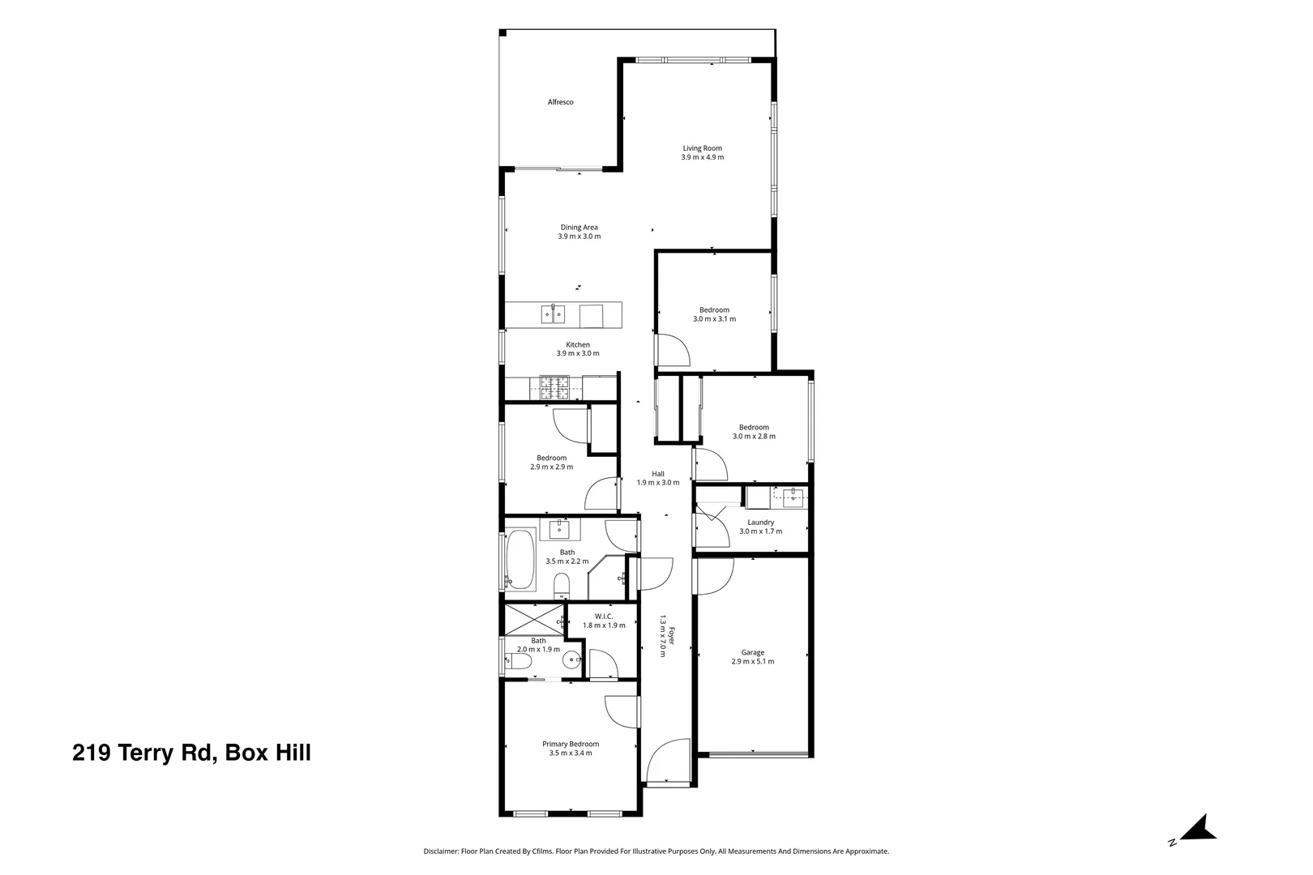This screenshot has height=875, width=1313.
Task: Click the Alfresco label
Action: tap(560, 102)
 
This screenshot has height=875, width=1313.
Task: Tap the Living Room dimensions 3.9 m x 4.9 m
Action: tap(702, 157)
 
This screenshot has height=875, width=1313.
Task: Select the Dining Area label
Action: tap(580, 228)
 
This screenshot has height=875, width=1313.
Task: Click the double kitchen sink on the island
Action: tap(553, 314)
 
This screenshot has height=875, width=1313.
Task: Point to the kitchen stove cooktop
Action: tap(554, 387)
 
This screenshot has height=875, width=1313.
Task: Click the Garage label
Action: tap(753, 652)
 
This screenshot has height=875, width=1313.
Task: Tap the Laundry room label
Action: tap(761, 523)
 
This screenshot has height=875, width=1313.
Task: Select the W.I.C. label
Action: tap(604, 617)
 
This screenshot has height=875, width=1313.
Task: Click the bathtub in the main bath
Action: tap(520, 560)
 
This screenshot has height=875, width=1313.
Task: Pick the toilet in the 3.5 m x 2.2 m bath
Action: tap(562, 586)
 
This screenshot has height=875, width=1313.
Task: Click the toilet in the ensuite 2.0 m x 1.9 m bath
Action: tap(518, 662)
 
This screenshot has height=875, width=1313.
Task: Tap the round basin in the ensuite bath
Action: tap(571, 660)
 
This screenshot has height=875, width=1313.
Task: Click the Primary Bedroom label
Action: tap(571, 744)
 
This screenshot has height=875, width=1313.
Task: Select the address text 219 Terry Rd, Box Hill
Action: tap(191, 753)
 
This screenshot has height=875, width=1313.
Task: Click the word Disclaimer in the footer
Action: tap(441, 852)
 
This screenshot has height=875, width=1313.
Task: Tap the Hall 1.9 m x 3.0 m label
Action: tap(658, 478)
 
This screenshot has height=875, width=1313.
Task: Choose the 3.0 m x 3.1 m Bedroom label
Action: tap(715, 314)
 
